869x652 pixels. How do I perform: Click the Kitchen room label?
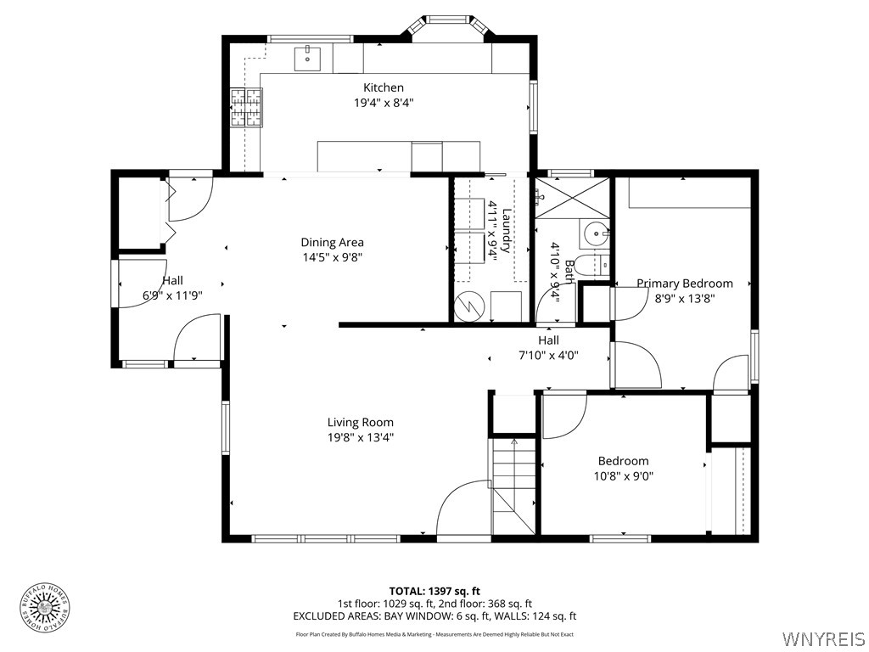[384, 87]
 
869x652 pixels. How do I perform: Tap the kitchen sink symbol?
[307, 59]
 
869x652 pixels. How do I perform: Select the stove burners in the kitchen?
[246, 108]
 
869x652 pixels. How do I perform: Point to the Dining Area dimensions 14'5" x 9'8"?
[332, 257]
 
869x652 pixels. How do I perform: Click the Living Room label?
[361, 422]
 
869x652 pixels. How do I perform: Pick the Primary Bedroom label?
[684, 284]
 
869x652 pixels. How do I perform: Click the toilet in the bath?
[591, 264]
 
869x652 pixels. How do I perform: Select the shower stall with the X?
[573, 197]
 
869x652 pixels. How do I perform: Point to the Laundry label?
[507, 231]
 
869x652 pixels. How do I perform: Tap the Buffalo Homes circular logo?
[44, 606]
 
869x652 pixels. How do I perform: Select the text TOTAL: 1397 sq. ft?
[434, 591]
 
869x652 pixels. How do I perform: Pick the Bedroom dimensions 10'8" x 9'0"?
[623, 476]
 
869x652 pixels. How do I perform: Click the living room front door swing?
[463, 509]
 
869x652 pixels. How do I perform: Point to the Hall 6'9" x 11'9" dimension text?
[172, 296]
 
